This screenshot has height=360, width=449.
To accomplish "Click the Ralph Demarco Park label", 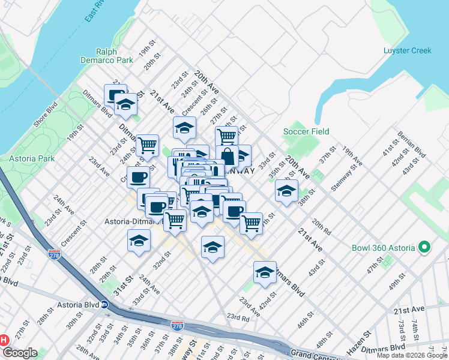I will pos(107,56).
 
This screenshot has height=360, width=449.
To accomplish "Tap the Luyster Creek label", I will pos(408,50).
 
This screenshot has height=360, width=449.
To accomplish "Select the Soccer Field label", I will pos(306,131).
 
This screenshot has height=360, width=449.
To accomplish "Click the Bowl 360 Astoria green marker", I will pos(425,247).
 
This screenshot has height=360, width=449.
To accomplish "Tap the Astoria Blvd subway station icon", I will pos(104,305).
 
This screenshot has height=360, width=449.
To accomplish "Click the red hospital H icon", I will pos(4,340).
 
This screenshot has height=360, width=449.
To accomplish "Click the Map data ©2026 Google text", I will pos(412,355).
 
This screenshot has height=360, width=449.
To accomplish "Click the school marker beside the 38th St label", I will pos(286,191).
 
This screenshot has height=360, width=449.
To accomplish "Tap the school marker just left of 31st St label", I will pos(139,242).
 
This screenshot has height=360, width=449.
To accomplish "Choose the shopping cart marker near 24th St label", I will pos(146,145).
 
